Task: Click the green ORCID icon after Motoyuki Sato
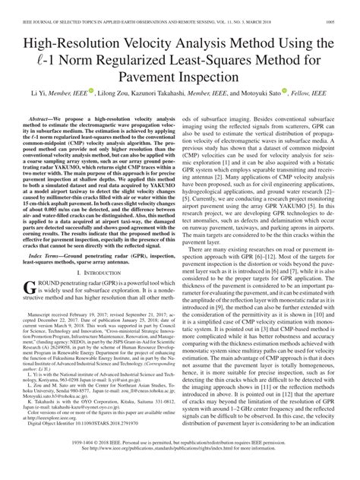pos(307,92)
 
